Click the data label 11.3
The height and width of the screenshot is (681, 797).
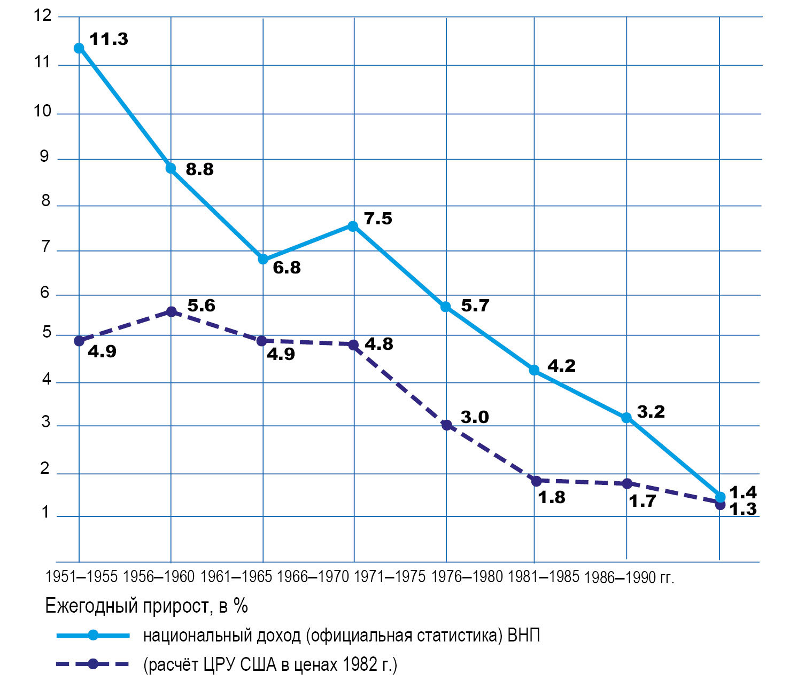click(109, 40)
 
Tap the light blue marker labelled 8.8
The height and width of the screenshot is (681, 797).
click(171, 168)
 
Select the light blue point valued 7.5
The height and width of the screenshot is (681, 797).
click(353, 226)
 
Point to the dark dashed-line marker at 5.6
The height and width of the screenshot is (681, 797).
click(172, 311)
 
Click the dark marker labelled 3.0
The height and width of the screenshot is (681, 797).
click(446, 425)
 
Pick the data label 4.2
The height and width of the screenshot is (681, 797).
click(561, 366)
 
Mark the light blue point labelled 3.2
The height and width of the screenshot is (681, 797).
click(626, 418)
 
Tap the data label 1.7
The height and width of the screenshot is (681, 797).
click(642, 502)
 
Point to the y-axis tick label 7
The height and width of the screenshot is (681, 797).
click(45, 247)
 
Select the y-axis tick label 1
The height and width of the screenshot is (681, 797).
click(45, 512)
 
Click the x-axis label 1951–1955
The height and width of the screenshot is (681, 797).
click(81, 577)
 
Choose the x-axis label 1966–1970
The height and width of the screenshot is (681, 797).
click(313, 577)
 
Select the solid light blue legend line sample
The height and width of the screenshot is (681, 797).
click(93, 635)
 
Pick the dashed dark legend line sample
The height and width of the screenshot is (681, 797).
click(93, 664)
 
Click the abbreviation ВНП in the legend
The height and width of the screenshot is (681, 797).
click(523, 635)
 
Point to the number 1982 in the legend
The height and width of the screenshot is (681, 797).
click(361, 664)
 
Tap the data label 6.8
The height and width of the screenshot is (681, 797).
click(287, 267)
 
